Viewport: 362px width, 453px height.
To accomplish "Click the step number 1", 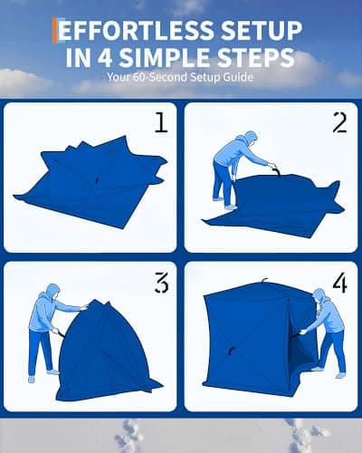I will [x=160, y=122].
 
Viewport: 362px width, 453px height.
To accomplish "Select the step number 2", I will [x=338, y=122].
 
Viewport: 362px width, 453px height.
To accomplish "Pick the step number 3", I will [x=160, y=284].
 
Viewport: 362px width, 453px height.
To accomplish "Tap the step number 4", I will [x=338, y=284].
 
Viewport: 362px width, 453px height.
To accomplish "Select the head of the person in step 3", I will [x=52, y=294].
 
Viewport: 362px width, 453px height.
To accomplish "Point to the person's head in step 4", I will [x=319, y=297].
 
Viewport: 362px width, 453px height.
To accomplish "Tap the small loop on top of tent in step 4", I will [x=264, y=279].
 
